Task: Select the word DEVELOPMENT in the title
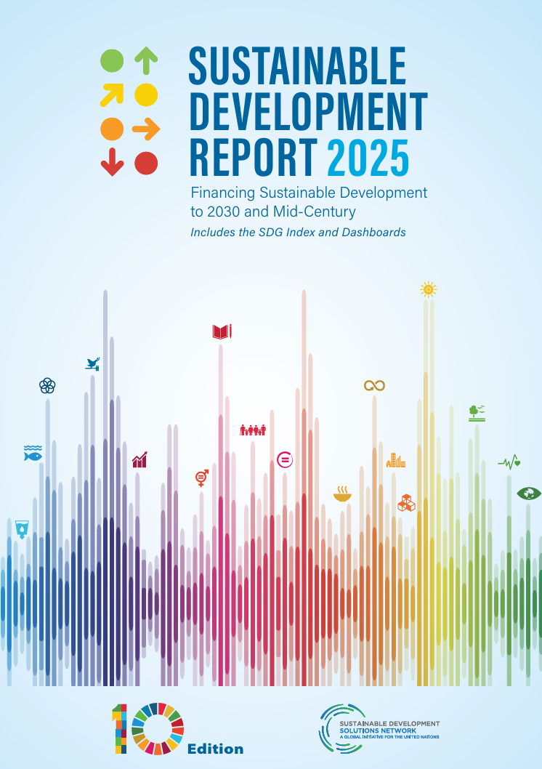coord(308,111)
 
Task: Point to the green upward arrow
coord(146,60)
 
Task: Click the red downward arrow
coord(112,161)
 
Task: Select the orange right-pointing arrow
coord(146,129)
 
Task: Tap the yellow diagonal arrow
coord(112,94)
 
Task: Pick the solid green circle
coord(112,60)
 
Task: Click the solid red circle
coord(146,162)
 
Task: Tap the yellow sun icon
coord(429,289)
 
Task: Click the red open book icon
coord(222,332)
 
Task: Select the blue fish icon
coord(33,454)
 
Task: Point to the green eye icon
coord(529,494)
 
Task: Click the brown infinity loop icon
coord(374,385)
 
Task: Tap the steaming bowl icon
coord(341,495)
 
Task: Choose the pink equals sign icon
coord(285,459)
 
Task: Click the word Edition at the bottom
coord(216,749)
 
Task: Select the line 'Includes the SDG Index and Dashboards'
coord(298,233)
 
